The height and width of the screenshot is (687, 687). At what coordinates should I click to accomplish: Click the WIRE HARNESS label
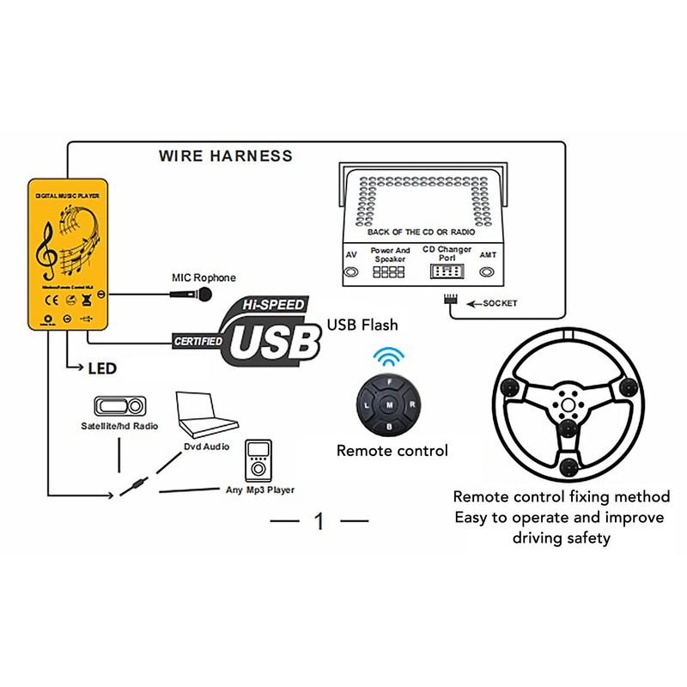[x=225, y=156]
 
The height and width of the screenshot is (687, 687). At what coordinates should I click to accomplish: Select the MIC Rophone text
[x=204, y=277]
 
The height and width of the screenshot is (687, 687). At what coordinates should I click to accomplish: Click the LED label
[x=102, y=368]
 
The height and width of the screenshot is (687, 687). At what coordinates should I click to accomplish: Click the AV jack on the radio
[x=351, y=272]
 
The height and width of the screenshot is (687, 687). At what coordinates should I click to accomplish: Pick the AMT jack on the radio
[x=488, y=272]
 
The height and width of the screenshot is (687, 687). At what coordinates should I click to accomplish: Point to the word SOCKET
[x=501, y=303]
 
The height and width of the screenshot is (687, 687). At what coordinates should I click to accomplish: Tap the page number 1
[x=319, y=520]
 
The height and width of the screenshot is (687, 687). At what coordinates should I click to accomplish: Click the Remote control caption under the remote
[x=392, y=450]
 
